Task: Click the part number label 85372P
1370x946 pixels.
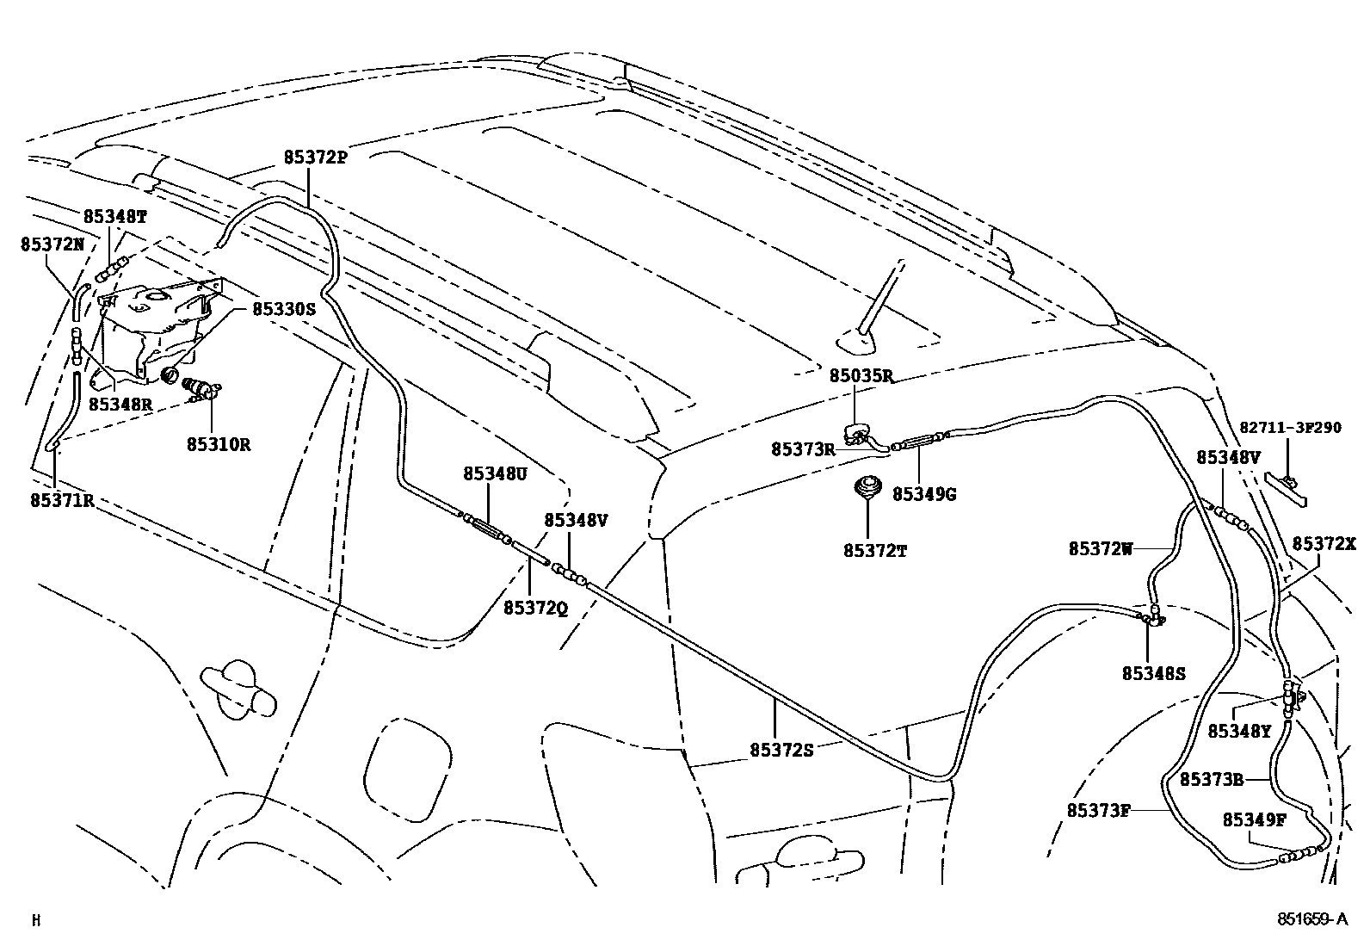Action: [315, 158]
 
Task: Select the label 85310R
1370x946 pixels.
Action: [219, 445]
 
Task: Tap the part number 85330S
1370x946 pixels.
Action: [284, 308]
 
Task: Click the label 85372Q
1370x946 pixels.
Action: [535, 608]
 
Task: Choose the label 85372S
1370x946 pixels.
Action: [781, 749]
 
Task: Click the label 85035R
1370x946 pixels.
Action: [861, 375]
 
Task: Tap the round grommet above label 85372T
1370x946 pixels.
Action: [867, 488]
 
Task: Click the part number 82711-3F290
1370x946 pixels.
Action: [1289, 427]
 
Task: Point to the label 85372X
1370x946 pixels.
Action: [1324, 544]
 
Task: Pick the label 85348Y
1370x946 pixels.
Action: [1238, 732]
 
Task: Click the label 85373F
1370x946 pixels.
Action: [1098, 810]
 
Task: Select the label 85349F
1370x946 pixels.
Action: [1253, 820]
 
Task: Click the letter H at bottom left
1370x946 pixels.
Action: [35, 920]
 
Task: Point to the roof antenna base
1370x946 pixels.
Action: [857, 343]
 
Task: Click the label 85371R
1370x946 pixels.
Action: [62, 499]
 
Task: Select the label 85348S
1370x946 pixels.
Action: [1153, 673]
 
